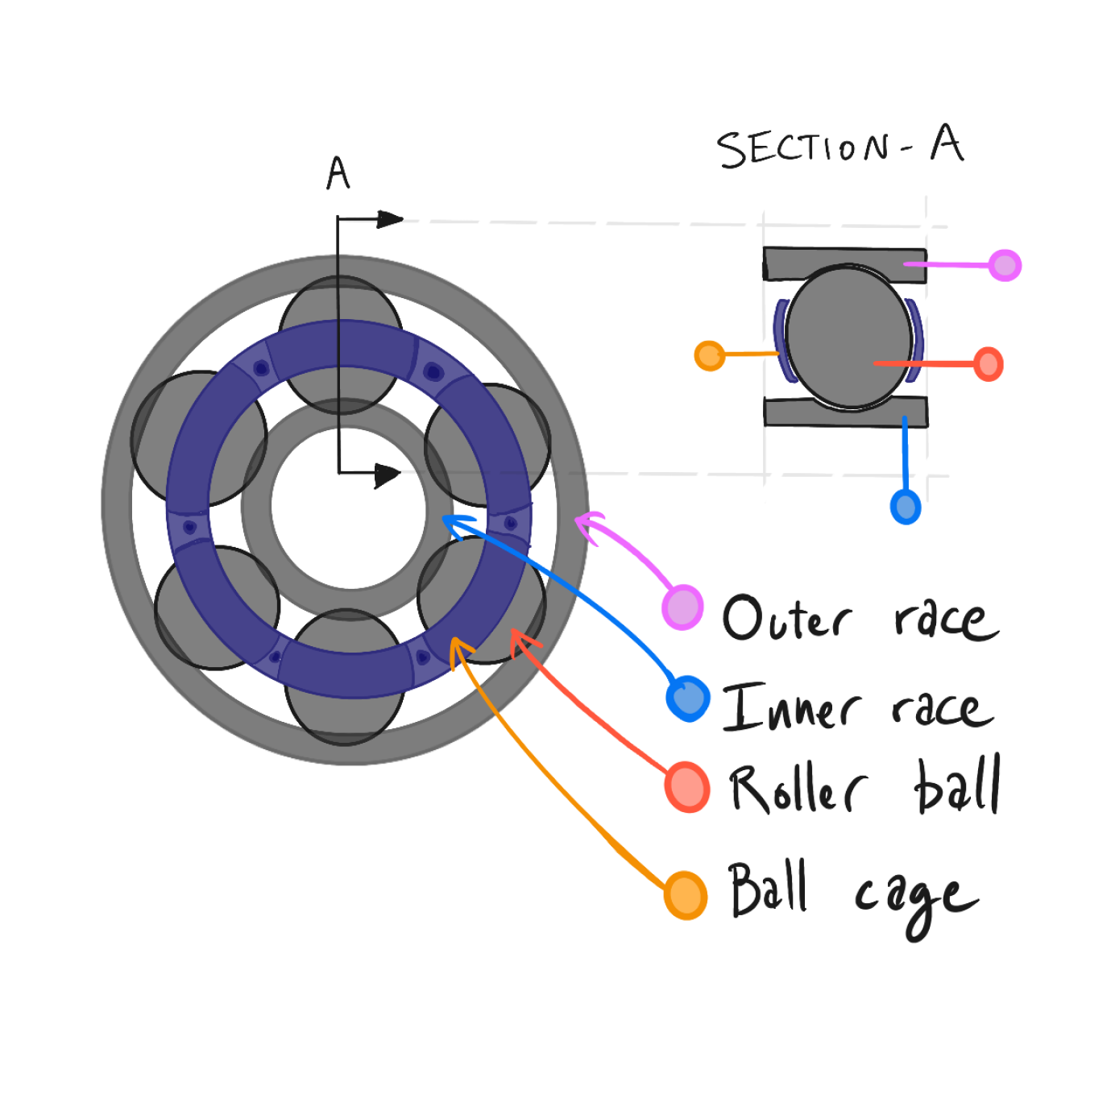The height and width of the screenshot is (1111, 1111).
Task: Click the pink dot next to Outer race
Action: (x=682, y=607)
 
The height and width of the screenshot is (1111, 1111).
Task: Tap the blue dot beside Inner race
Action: (x=688, y=699)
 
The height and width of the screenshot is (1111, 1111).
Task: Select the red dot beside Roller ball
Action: (x=687, y=787)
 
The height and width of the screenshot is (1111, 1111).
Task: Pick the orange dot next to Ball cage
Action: (x=686, y=895)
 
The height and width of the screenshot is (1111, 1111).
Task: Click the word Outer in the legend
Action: (x=788, y=618)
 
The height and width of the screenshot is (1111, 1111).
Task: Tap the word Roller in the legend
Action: (x=799, y=789)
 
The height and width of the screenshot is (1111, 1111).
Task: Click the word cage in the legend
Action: (x=917, y=906)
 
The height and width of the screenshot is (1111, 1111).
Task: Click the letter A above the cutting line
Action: (x=338, y=172)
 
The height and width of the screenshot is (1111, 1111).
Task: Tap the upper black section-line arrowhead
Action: (x=390, y=219)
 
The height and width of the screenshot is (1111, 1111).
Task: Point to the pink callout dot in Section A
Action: (x=1005, y=265)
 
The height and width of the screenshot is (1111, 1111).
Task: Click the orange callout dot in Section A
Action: (x=709, y=356)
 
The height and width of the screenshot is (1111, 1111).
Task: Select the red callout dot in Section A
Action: (x=989, y=364)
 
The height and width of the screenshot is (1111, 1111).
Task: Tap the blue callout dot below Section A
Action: (x=906, y=507)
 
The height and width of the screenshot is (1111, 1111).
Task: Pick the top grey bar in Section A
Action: (x=844, y=263)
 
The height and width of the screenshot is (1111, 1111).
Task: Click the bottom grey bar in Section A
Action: (x=846, y=412)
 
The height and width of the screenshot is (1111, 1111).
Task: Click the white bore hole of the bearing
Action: (x=348, y=508)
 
